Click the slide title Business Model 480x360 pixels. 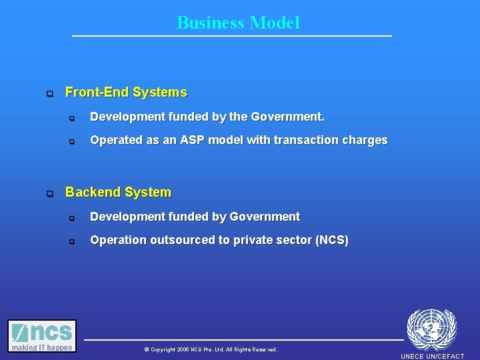click(x=238, y=23)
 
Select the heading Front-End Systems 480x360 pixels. click(x=126, y=93)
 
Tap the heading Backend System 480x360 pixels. click(x=118, y=193)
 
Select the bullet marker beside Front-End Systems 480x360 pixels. click(x=49, y=94)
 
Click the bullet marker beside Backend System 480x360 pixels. click(x=49, y=194)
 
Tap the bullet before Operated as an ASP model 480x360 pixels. click(x=73, y=141)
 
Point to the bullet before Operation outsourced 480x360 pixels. click(x=73, y=241)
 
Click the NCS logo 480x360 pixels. click(x=42, y=332)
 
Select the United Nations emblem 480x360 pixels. click(x=431, y=329)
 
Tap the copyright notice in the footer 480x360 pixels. click(x=210, y=349)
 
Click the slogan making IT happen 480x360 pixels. click(x=42, y=347)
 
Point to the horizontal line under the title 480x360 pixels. click(x=232, y=35)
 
